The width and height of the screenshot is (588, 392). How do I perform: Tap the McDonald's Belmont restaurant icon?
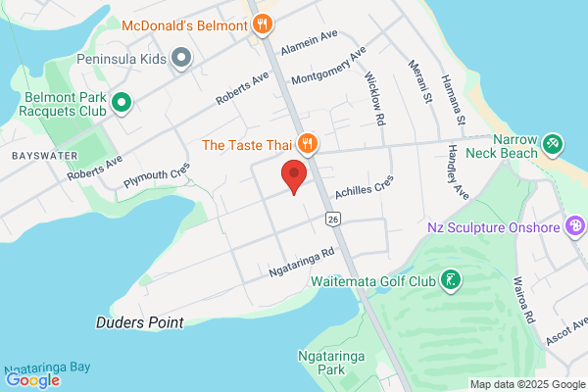pos(262,24)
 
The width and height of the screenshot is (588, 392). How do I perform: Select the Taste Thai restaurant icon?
pos(307,145)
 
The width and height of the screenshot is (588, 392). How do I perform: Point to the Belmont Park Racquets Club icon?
pos(122,101)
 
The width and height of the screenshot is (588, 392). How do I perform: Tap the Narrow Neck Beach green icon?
pos(552,145)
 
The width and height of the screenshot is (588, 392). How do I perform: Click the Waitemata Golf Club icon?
pos(450,281)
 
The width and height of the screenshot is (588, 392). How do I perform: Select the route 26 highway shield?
pos(334,218)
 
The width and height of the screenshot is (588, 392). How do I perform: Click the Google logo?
pos(32,380)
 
